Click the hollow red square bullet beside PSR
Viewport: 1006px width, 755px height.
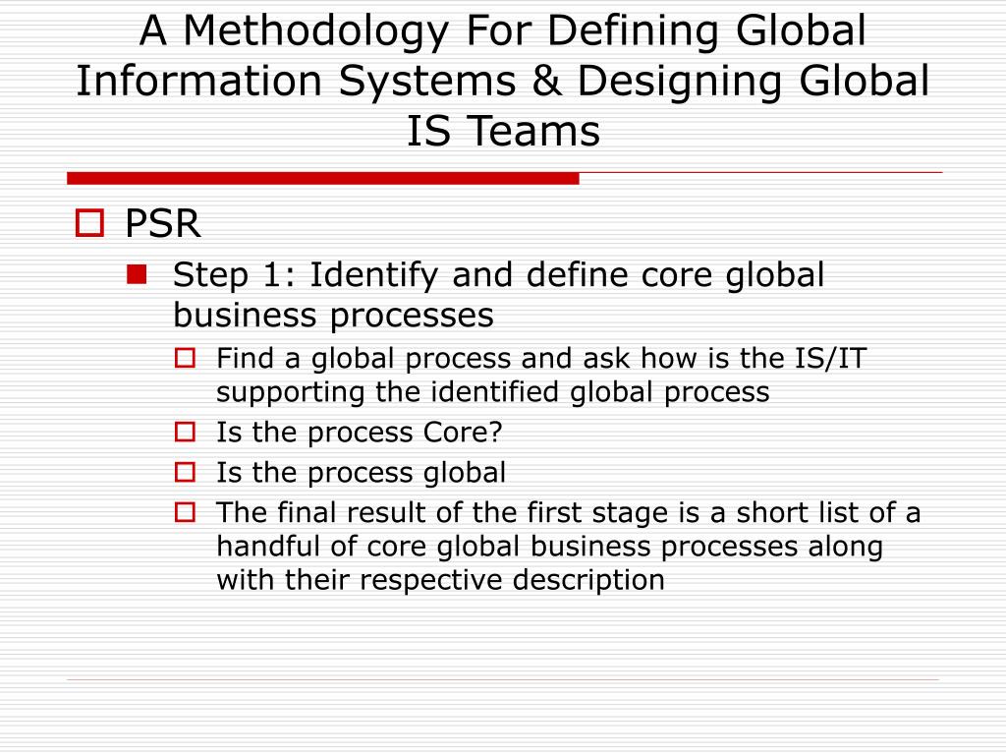coord(89,225)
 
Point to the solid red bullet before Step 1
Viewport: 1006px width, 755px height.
coord(137,275)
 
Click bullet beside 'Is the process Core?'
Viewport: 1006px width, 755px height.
coord(185,432)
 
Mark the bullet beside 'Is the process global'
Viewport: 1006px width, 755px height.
coord(185,472)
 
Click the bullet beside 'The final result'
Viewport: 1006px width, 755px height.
coord(185,512)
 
